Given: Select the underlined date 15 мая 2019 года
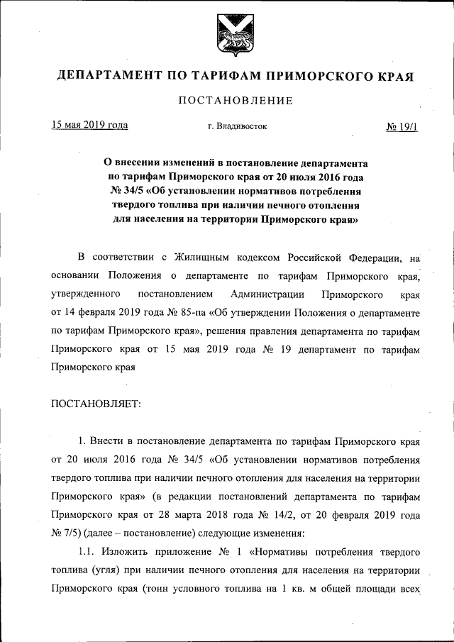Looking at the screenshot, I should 89,126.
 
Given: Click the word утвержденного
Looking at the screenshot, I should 84,294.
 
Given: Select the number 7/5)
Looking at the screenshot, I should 69,532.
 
